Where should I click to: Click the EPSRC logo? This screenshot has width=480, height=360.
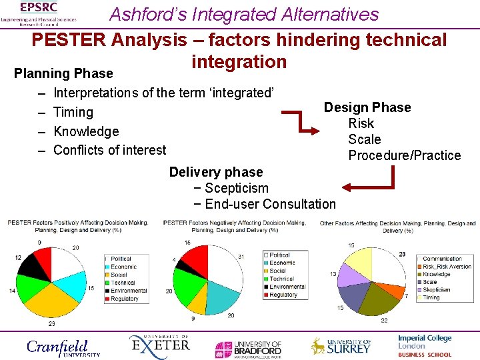click(x=38, y=13)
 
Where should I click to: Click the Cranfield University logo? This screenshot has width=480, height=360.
click(x=63, y=347)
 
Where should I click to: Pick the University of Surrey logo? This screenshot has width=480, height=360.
click(x=341, y=345)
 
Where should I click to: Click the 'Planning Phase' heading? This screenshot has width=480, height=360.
click(x=63, y=73)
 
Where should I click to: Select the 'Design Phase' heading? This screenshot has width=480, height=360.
click(x=367, y=107)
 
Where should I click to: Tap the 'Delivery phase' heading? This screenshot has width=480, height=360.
click(x=216, y=172)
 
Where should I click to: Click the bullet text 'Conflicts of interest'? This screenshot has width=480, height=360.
click(x=110, y=150)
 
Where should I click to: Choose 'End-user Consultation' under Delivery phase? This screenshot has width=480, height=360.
click(x=270, y=204)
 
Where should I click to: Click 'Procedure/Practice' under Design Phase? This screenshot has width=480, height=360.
click(x=404, y=155)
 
